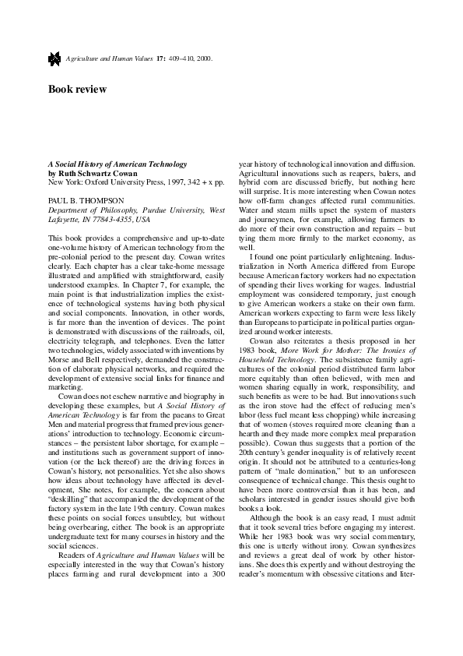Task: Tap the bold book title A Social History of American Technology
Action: (x=118, y=164)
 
